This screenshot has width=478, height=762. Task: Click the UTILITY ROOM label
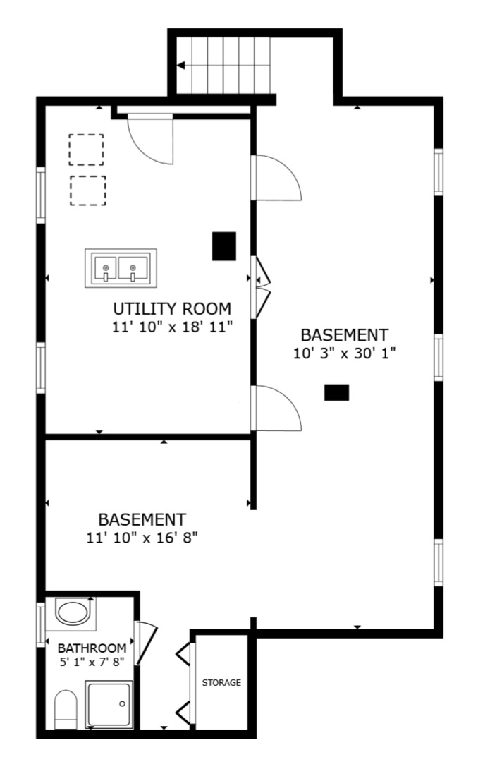coord(172,308)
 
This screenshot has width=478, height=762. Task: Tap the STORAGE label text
coord(221,683)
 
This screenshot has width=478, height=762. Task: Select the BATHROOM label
coord(92,648)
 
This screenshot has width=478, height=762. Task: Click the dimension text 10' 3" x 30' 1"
coord(345,353)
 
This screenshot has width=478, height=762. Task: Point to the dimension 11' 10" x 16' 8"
coord(142,538)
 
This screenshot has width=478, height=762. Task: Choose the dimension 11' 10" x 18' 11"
coord(172,327)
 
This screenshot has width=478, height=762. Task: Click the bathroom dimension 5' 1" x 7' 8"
coord(92,661)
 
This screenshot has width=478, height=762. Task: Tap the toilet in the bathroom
coord(66,709)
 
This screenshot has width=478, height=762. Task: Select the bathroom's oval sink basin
coord(73,612)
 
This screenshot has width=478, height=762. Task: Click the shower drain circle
coord(122,703)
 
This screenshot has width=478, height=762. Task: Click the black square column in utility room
coord(224,246)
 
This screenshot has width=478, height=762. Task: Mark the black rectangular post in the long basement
coord(336,392)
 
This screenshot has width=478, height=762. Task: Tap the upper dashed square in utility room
coord(86,150)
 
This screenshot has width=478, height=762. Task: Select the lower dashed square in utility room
coord(88,190)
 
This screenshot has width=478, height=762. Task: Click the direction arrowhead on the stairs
coord(180,65)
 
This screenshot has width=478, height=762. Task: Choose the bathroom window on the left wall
coord(41,624)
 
